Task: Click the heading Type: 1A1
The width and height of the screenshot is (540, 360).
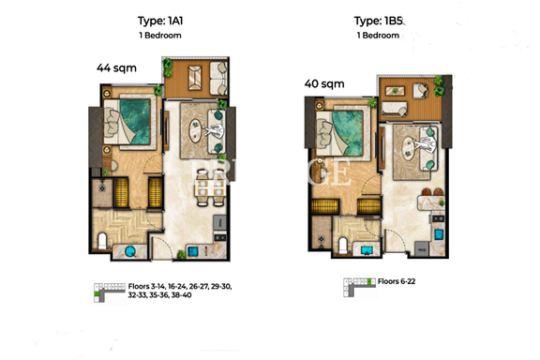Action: (x=160, y=21)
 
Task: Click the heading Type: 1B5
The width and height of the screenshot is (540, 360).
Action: (x=378, y=21)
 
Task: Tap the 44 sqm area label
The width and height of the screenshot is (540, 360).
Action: (x=116, y=67)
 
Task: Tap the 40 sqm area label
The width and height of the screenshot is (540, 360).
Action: (x=324, y=83)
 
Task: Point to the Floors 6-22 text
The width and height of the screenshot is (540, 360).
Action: (x=397, y=281)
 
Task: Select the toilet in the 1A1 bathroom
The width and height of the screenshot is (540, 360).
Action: (x=102, y=240)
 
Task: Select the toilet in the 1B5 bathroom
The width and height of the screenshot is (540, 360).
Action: (x=342, y=246)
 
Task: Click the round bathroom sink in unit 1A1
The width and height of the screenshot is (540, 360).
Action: (x=129, y=251)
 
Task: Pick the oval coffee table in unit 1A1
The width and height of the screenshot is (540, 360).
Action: (x=195, y=130)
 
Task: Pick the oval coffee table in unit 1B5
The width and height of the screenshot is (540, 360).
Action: (x=409, y=148)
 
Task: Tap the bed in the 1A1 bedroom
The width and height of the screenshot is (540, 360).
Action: (x=127, y=121)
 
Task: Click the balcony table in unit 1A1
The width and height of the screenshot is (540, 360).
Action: (x=195, y=78)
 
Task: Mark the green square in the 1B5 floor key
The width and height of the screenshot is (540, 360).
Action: (x=370, y=281)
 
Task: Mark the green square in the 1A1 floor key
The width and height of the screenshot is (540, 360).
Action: (x=97, y=293)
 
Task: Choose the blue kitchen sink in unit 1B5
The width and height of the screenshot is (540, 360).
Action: (x=439, y=235)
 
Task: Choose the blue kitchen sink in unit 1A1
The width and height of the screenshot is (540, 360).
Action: (x=193, y=251)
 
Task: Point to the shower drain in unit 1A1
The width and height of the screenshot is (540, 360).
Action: (x=102, y=188)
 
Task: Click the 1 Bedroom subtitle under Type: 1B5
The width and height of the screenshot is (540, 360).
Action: (x=378, y=36)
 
